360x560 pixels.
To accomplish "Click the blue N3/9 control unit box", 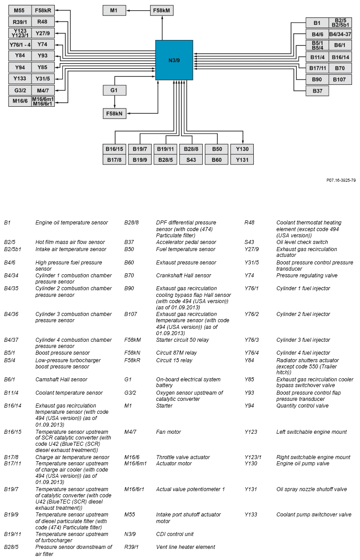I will point(174,60).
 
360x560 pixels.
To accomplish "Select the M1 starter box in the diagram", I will point(114,10).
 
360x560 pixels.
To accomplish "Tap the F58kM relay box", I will point(162,10).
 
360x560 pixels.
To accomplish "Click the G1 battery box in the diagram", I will point(114,91).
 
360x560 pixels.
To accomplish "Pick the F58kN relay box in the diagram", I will point(114,114).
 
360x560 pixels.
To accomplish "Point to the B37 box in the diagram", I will point(317,91).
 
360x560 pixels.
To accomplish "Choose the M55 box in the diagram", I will point(20,10).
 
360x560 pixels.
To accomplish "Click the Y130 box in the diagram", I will point(242,149).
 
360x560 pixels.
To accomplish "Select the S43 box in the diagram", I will point(191,160).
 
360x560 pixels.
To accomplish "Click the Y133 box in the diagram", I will point(20,79).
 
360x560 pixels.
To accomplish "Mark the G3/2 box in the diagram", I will point(20,91).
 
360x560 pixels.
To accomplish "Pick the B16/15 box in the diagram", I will point(114,149).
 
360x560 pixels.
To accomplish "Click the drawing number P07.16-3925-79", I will point(341,180).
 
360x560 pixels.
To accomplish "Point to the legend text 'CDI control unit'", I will point(175,534).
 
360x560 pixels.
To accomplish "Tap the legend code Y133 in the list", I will point(251,515).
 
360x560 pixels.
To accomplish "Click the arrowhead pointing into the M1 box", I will point(128,10).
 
